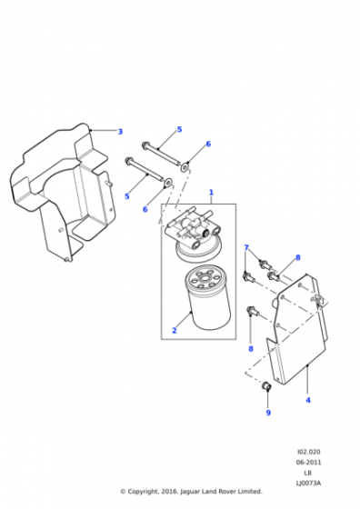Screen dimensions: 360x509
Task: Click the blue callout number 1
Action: (211, 193)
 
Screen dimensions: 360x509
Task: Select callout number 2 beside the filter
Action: (175, 331)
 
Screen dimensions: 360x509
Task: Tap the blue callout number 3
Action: (120, 132)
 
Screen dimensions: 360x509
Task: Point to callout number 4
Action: (308, 400)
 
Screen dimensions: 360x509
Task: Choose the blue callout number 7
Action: (246, 248)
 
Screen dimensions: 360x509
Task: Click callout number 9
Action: (268, 413)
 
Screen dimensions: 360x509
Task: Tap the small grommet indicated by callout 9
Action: (266, 386)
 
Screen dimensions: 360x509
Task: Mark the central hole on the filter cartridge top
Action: (205, 278)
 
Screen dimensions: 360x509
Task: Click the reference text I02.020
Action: (308, 452)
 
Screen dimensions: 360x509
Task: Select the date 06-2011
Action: (308, 463)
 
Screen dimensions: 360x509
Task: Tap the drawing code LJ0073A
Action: (308, 483)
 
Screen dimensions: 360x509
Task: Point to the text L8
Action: (308, 473)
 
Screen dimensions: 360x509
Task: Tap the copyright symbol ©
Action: (123, 492)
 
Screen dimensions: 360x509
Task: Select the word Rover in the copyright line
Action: (227, 492)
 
